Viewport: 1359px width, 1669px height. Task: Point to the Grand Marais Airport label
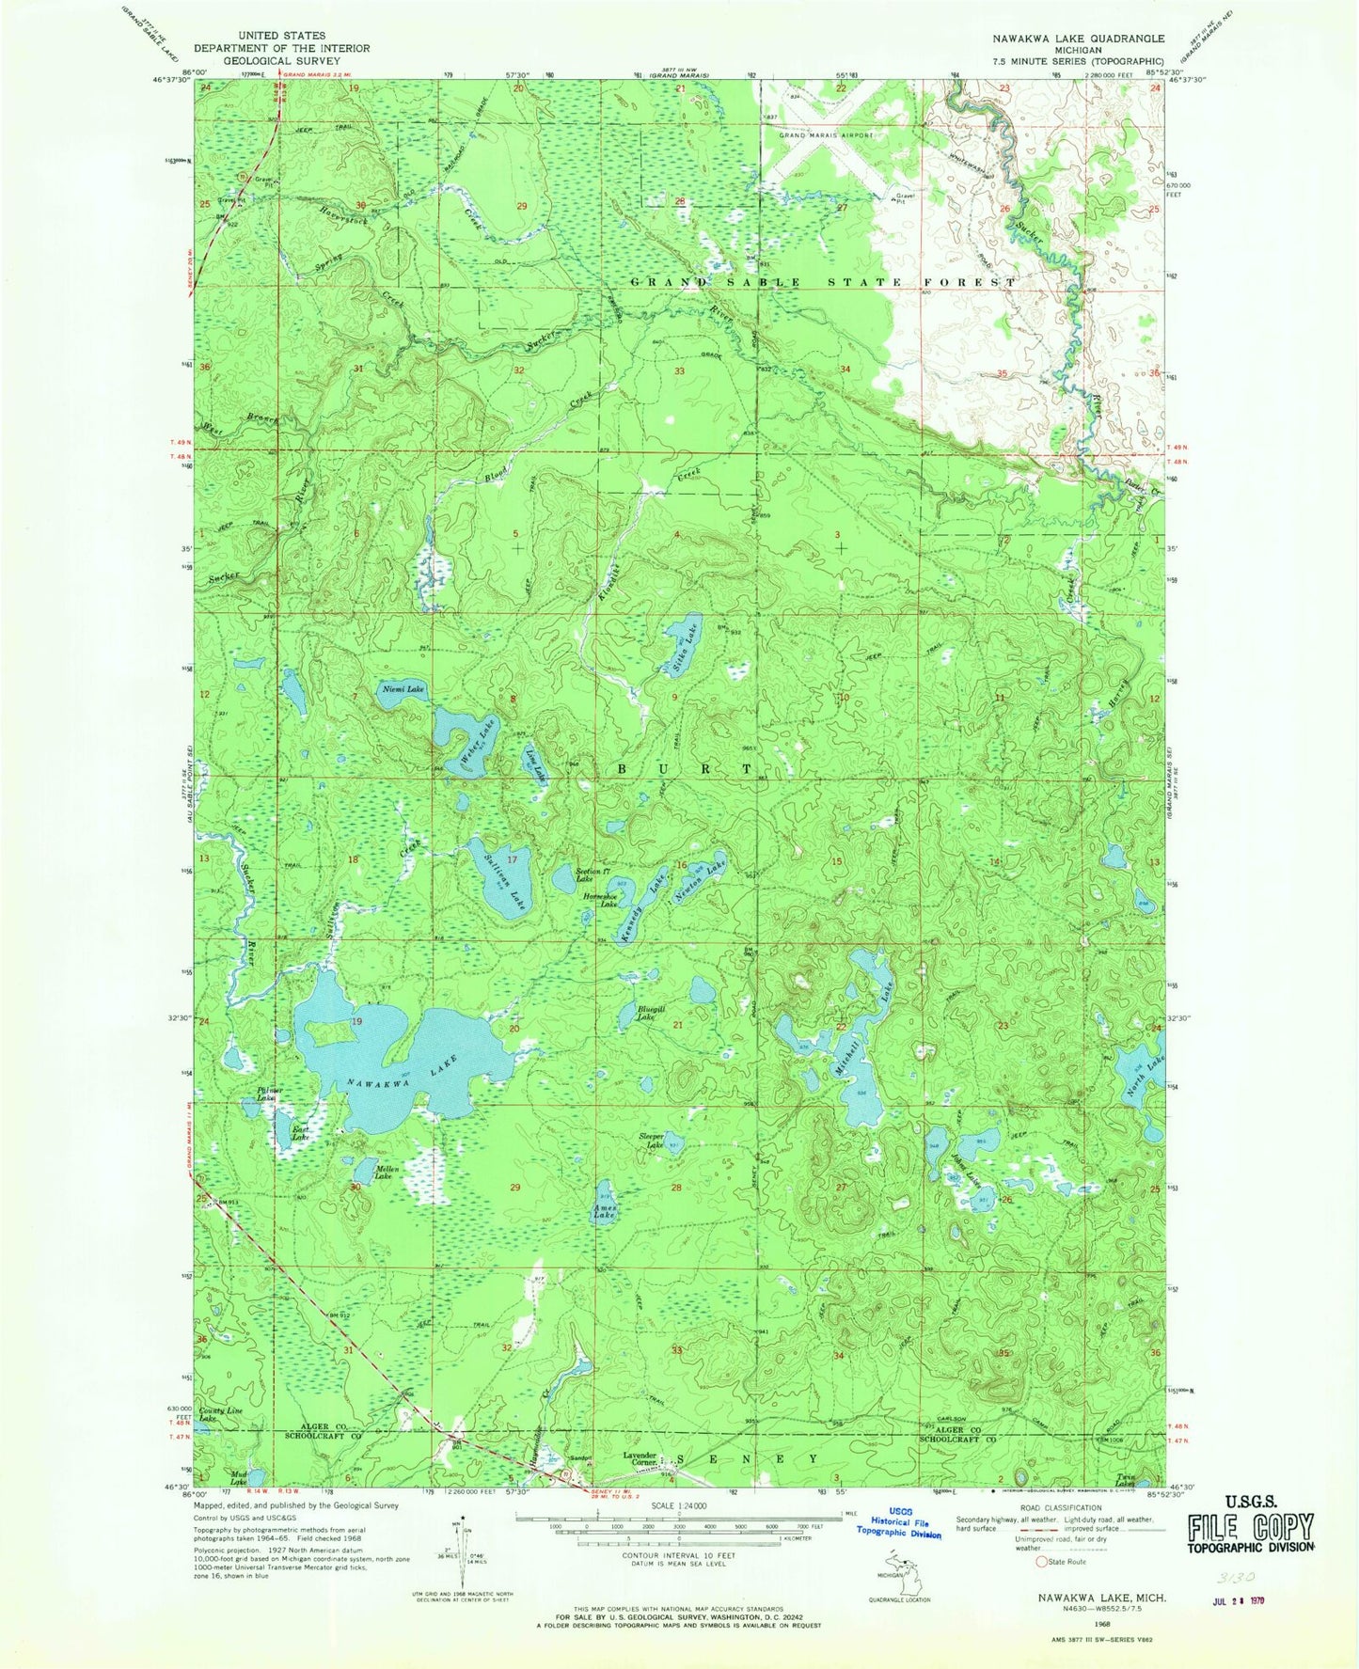click(826, 134)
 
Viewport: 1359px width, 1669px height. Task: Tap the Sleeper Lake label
click(652, 1141)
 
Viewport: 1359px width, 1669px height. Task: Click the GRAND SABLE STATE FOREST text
click(823, 282)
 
